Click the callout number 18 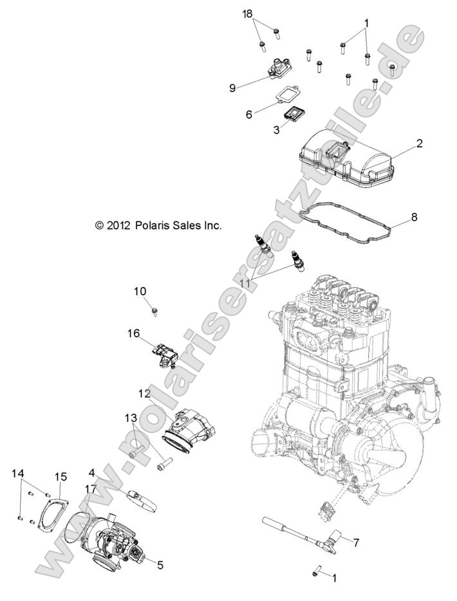(248, 15)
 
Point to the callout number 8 (414, 217)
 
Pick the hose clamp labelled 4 (142, 499)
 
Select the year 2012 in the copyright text (120, 225)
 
